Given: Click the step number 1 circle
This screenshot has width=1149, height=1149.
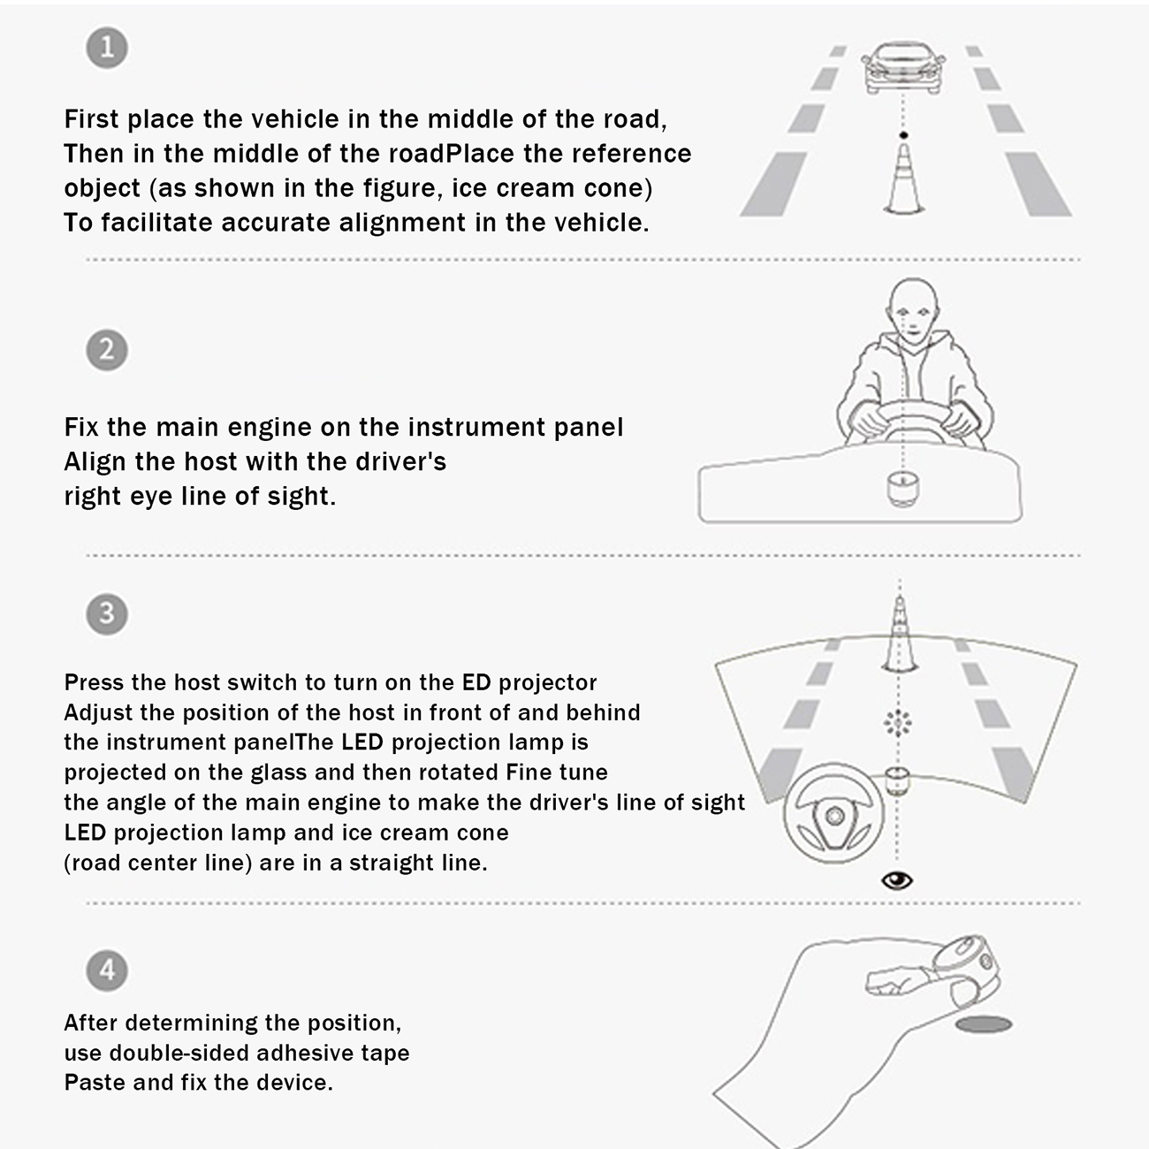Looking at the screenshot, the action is tap(107, 48).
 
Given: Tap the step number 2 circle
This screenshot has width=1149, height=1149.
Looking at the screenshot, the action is tap(107, 350).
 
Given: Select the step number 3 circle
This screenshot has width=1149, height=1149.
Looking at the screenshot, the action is tap(107, 613).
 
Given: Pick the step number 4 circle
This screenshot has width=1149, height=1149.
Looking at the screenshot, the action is tap(107, 970).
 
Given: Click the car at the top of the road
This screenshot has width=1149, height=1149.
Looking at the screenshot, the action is tap(902, 68).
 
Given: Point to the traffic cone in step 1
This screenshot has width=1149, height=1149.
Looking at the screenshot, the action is tap(904, 178).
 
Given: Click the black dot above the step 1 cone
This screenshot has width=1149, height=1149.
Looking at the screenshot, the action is tap(904, 135).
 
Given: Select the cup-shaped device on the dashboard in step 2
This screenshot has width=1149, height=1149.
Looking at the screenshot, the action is tap(902, 490).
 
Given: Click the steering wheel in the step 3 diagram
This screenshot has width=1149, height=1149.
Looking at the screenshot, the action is tap(834, 813).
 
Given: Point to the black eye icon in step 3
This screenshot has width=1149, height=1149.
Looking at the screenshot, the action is tap(897, 880).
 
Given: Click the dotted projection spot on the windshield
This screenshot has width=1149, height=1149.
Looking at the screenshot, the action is tap(897, 723).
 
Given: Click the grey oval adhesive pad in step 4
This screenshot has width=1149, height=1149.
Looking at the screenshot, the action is tap(983, 1025).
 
